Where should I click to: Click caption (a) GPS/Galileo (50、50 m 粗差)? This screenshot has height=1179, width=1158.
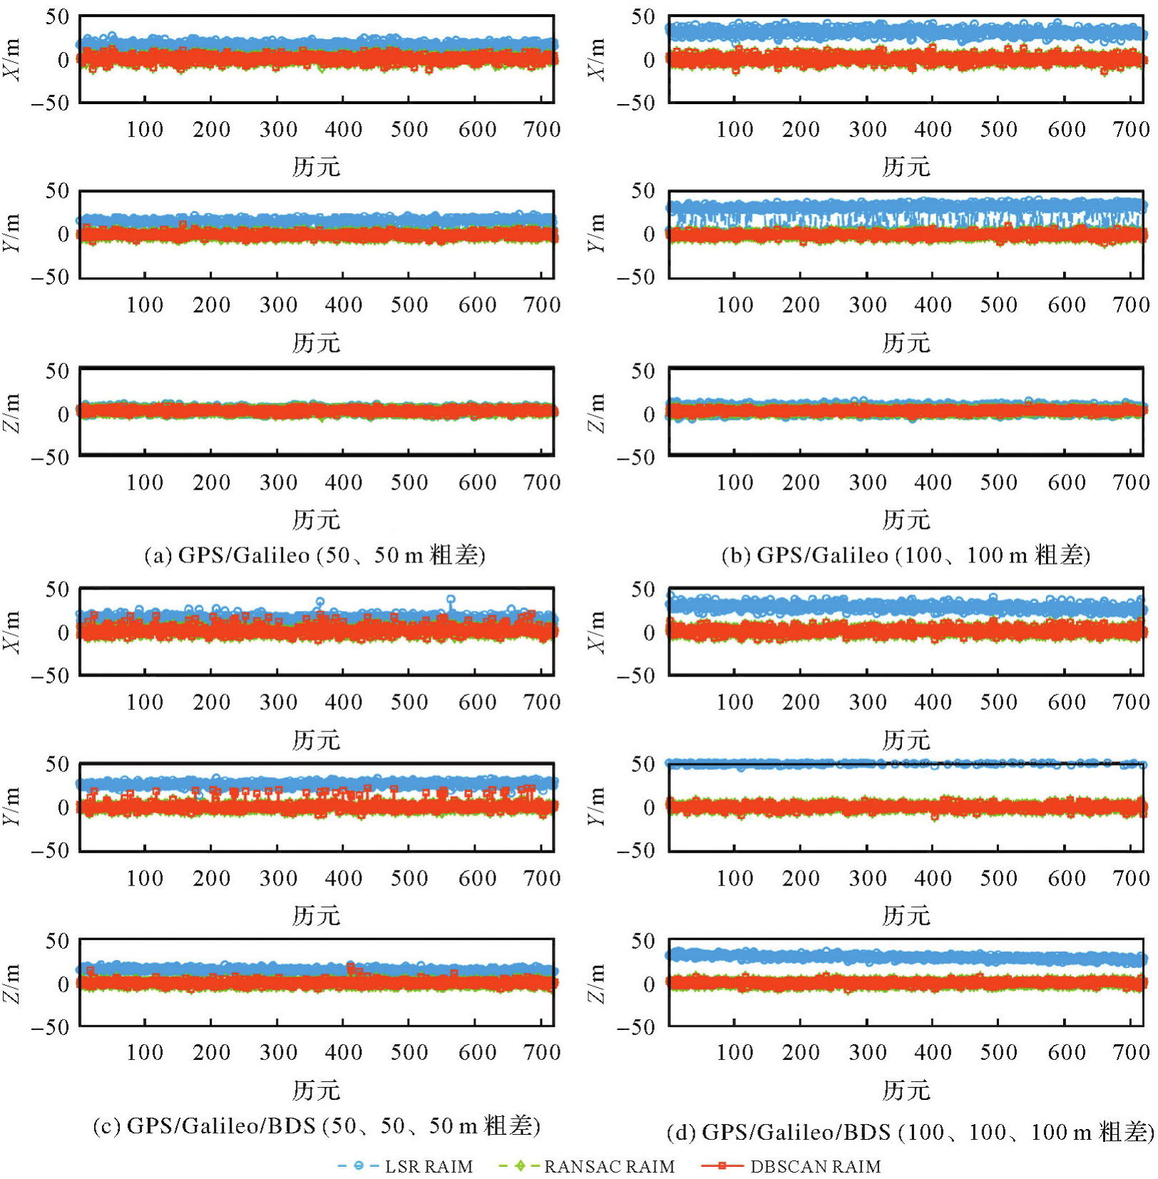pos(314,555)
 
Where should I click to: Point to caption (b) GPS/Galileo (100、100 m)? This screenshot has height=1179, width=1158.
pos(906,555)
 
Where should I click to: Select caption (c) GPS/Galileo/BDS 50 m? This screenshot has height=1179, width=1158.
pos(317,1126)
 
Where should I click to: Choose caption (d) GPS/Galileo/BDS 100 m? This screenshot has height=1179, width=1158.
pos(910,1132)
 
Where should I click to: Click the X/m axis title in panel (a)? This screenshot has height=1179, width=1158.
pos(11,60)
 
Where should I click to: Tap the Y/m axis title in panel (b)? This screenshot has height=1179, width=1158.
pos(596,234)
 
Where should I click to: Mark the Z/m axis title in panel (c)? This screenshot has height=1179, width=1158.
pos(11,984)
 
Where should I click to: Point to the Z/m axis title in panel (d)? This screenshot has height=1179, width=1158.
pos(596,984)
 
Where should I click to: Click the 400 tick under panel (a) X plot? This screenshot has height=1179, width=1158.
pos(344,129)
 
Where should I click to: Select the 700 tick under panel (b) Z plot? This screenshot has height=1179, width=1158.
pos(1131,483)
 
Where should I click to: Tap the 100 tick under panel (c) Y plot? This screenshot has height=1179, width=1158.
pos(145,878)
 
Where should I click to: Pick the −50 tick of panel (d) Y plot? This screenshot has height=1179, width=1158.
pos(636,850)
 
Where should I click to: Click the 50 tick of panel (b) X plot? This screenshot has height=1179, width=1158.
pos(642,16)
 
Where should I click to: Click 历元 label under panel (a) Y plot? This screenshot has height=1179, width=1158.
pos(316,343)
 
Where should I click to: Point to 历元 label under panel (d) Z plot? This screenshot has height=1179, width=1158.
pos(906,1091)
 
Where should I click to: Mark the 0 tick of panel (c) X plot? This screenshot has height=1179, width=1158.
pos(63,632)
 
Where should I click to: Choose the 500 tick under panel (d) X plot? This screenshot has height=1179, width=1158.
pos(998,702)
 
